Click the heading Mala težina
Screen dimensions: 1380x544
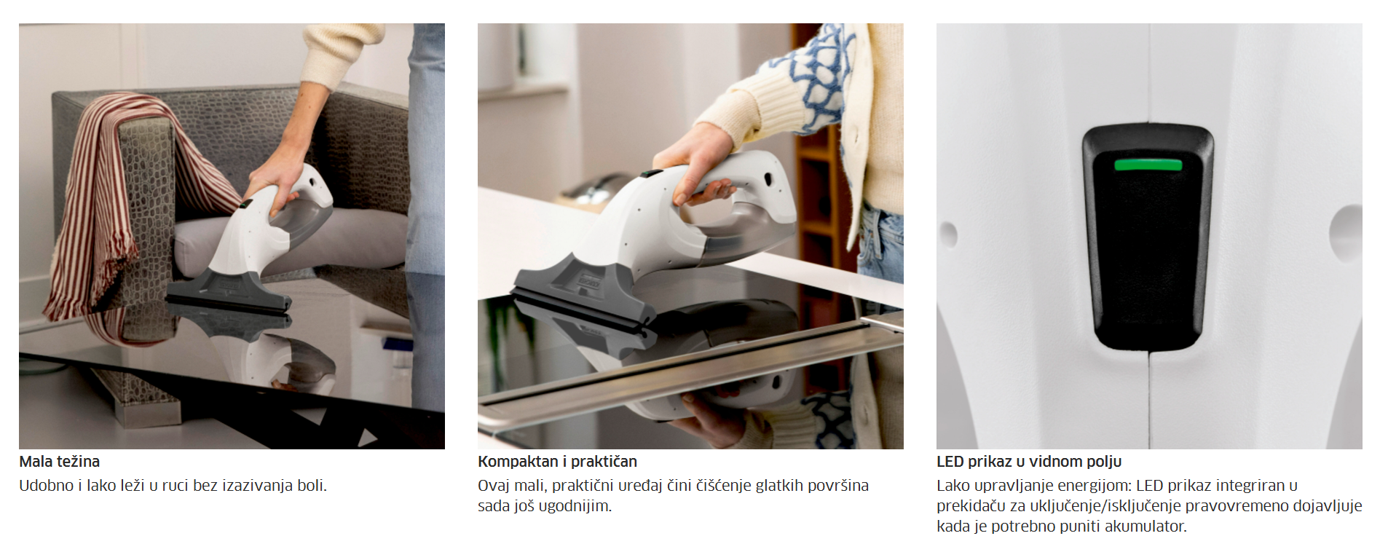pos(60,462)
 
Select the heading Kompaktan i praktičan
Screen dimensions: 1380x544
pos(557,462)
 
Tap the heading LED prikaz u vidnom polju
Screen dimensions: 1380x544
pos(1029,462)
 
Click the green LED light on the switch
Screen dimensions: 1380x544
pos(1148,165)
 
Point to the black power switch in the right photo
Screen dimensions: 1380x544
pos(1147,237)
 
